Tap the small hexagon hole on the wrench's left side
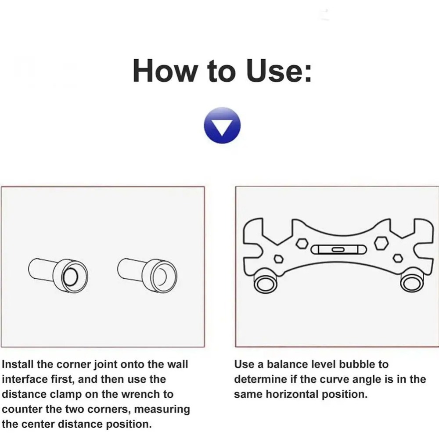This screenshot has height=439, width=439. (277, 258)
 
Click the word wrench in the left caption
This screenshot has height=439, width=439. (154, 394)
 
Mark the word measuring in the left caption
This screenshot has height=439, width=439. (162, 409)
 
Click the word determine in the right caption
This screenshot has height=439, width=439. (261, 379)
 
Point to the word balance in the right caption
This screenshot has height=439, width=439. (282, 364)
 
